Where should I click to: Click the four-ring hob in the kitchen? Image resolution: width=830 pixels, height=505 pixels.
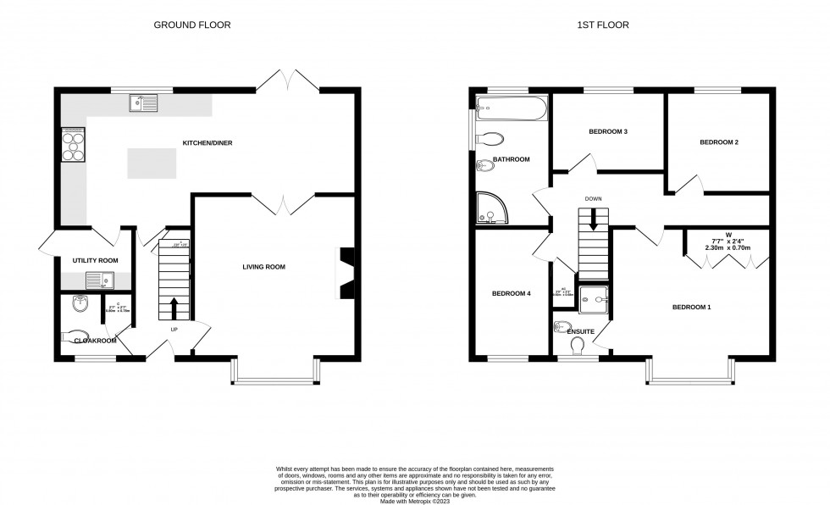[x=73, y=143]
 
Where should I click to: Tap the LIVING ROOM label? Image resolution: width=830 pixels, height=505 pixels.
[x=263, y=267]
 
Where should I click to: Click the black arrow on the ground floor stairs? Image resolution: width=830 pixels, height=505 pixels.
[x=174, y=307]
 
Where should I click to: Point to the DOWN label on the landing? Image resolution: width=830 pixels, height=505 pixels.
[x=592, y=199]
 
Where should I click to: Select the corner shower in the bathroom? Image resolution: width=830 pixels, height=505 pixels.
[x=488, y=205]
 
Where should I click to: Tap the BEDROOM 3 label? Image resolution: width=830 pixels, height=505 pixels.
[x=608, y=132]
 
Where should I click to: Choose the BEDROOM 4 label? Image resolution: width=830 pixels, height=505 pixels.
[x=511, y=293]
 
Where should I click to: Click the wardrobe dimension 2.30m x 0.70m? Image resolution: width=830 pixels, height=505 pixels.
[x=728, y=247]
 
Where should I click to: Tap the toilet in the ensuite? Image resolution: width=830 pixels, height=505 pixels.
[x=579, y=347]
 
